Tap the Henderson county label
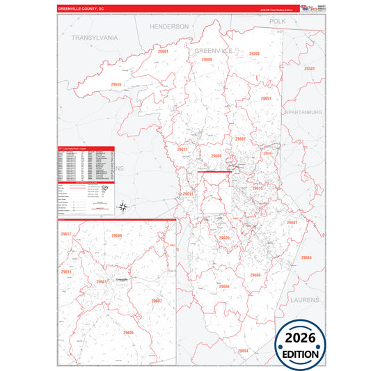coord(169,26)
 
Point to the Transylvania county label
coord(95,37)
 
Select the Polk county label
coord(278,22)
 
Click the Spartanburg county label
coord(303,111)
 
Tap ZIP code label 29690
coord(206,60)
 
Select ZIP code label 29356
coord(253,54)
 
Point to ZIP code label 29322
coord(309,68)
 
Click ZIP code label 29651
coord(265,99)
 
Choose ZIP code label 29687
coord(240,139)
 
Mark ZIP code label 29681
coord(292,222)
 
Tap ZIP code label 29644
coord(306,258)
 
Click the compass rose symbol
coord(123,207)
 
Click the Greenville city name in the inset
coord(123,277)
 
